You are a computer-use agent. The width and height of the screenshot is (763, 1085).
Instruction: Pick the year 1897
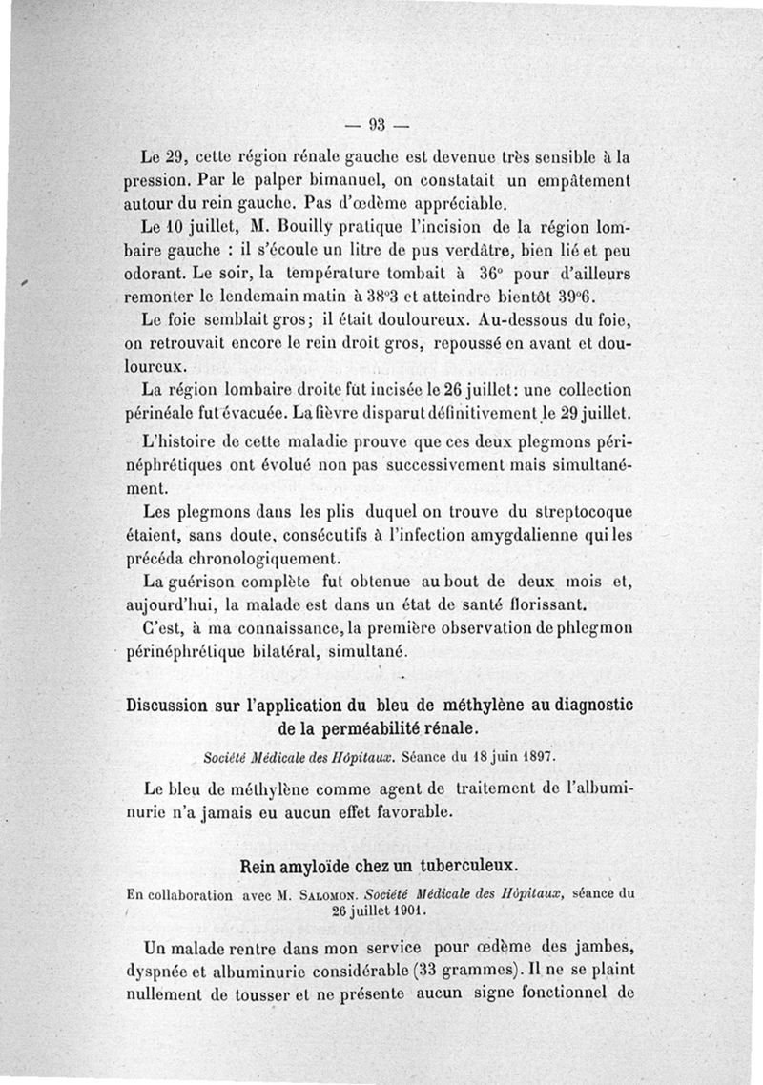533,758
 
